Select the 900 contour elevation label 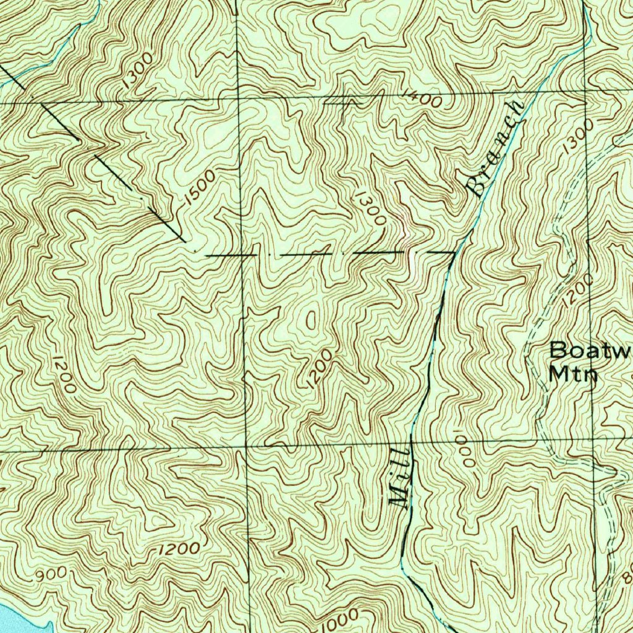pyautogui.click(x=51, y=574)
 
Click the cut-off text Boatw pyautogui.click(x=590, y=350)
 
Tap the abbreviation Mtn pyautogui.click(x=573, y=374)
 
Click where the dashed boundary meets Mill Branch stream pyautogui.click(x=456, y=252)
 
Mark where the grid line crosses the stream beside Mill pyautogui.click(x=413, y=443)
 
